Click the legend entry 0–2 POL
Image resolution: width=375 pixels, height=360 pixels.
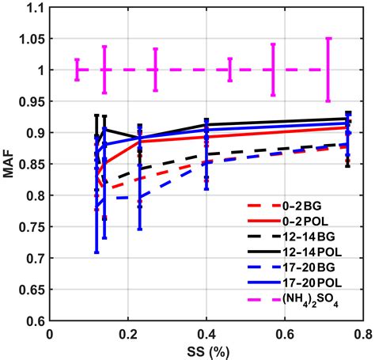click(308, 228)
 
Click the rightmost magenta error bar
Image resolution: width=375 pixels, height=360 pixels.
click(328, 70)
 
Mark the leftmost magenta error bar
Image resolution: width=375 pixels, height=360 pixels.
click(77, 70)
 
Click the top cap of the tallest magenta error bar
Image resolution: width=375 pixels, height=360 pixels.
click(328, 38)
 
